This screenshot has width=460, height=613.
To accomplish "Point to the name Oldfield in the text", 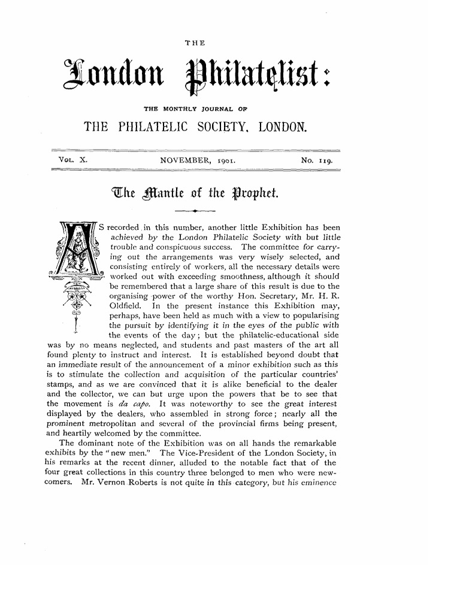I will coord(126,304).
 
